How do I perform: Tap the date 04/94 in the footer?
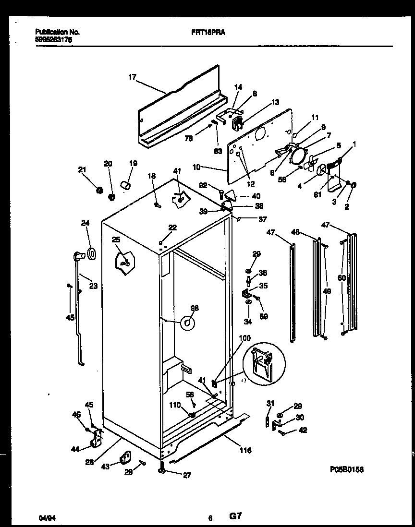coord(45,518)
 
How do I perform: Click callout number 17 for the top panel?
coord(133,76)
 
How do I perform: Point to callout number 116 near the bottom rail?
coord(245,450)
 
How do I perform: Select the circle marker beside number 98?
coord(187,324)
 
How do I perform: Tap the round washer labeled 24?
coord(91,254)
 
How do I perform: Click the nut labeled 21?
coord(100,191)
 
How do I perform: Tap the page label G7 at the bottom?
coord(235,517)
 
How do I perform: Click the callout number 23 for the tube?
coord(93,287)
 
